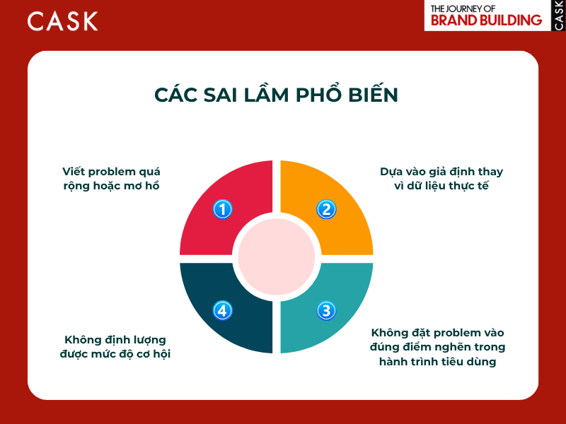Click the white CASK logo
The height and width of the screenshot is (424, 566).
62,20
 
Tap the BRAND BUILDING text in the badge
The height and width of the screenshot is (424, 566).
485,20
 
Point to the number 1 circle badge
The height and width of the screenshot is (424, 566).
223,209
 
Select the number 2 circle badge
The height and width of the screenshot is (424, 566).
326,209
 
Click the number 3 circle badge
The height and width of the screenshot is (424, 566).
326,310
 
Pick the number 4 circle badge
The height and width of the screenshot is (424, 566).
223,310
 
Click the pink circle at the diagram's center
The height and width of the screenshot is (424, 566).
276,257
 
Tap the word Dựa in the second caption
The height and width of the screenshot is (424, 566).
392,172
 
